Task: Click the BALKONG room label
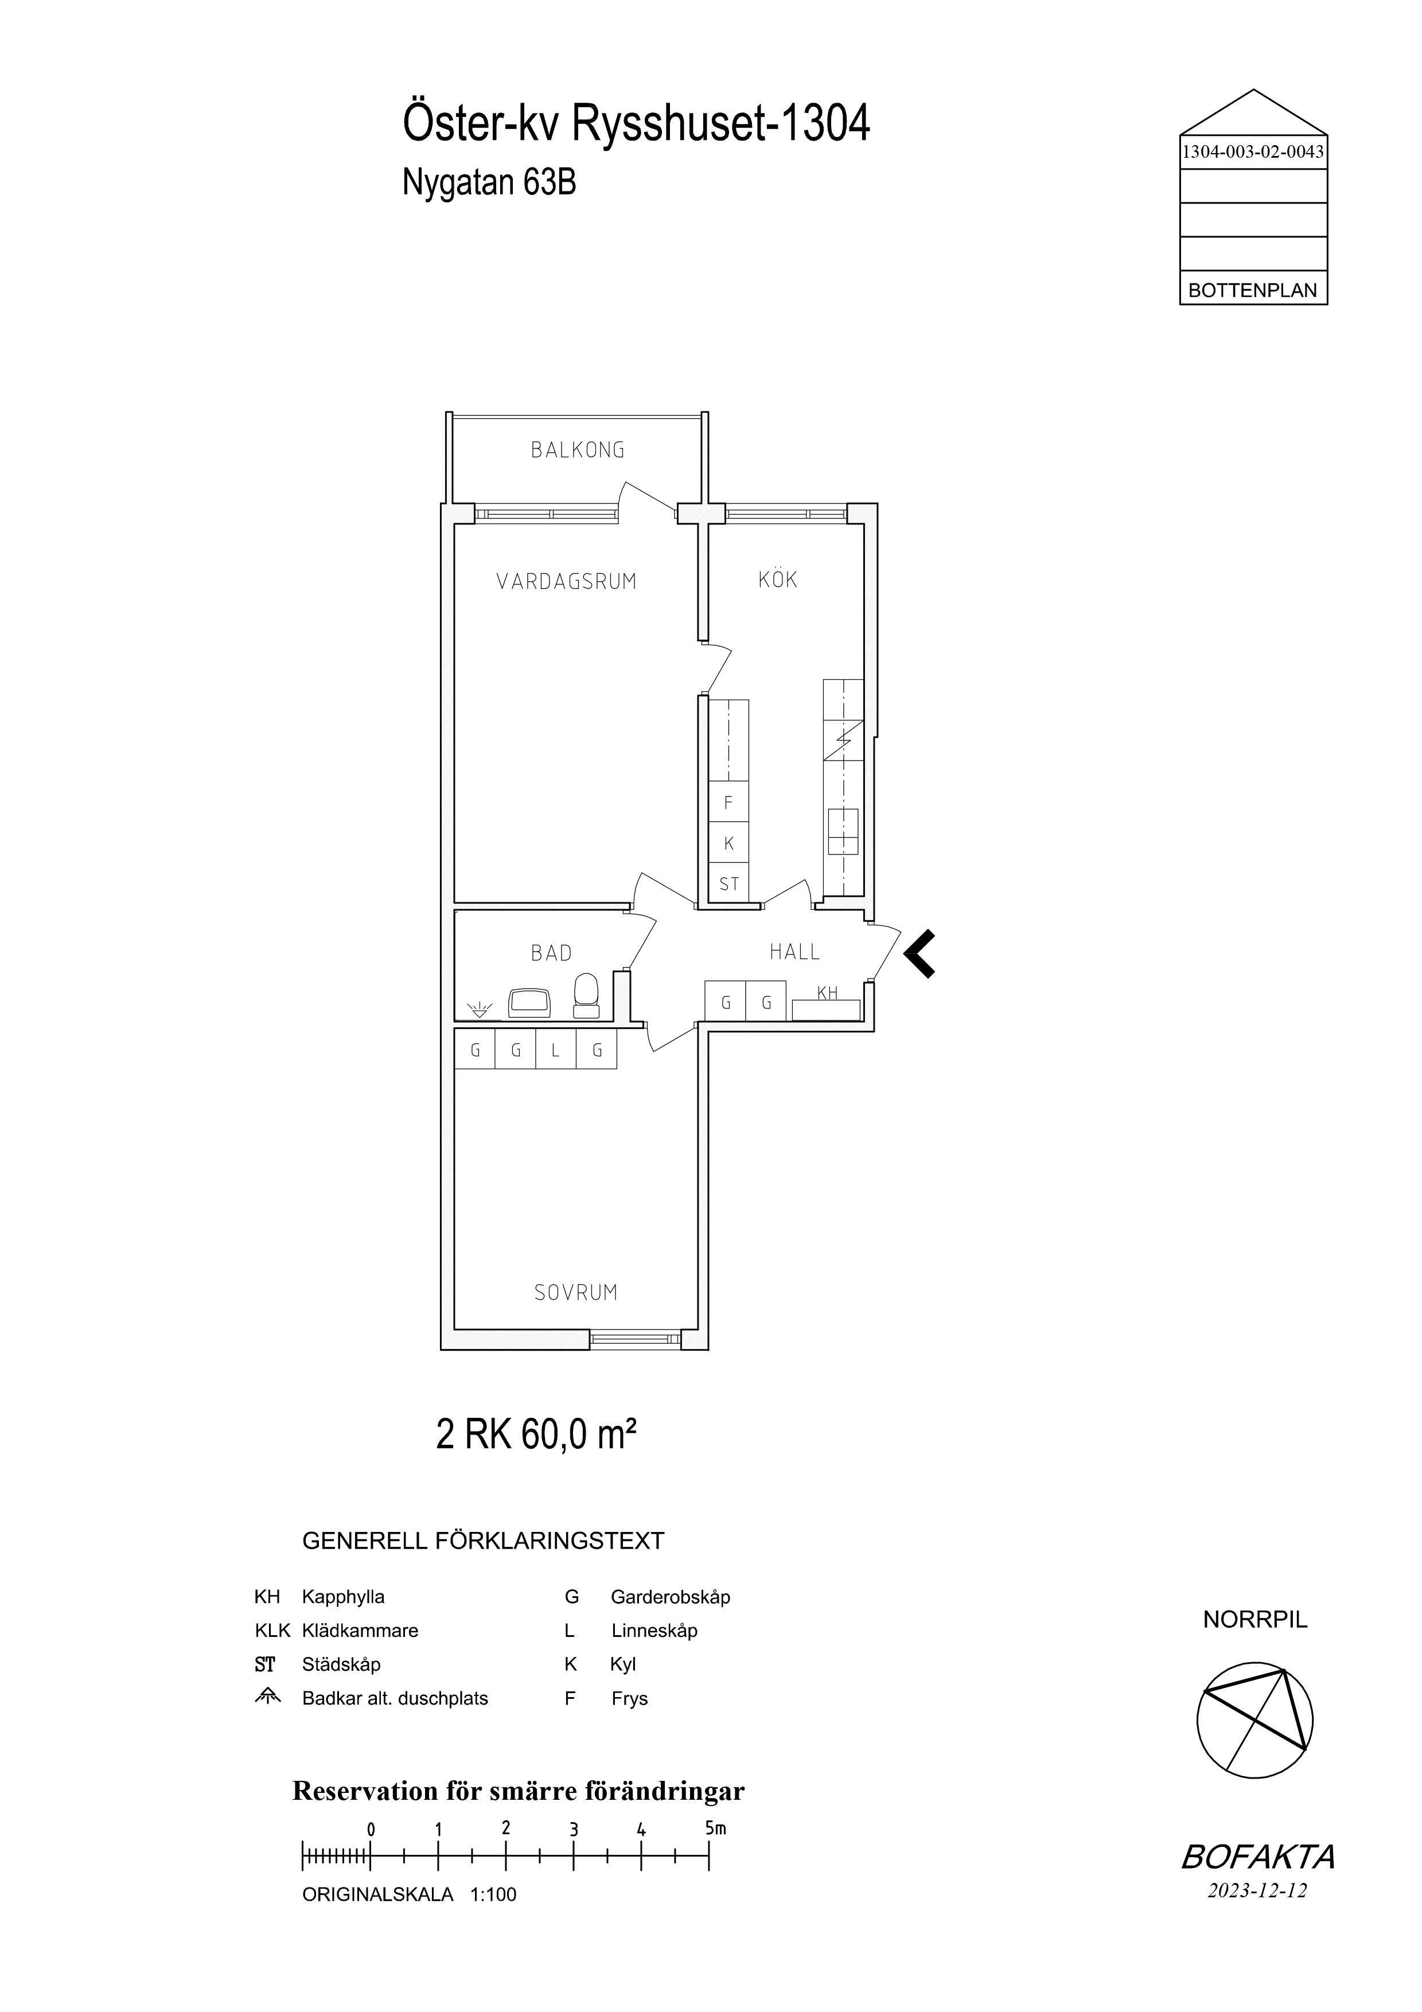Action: [x=578, y=450]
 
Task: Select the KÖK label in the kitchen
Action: [x=778, y=579]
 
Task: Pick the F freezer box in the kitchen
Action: [x=729, y=802]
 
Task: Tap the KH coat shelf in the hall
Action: [x=826, y=1006]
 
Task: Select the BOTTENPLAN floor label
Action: [x=1253, y=291]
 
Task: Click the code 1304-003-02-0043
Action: [x=1253, y=151]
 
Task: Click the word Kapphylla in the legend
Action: [x=344, y=1597]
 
